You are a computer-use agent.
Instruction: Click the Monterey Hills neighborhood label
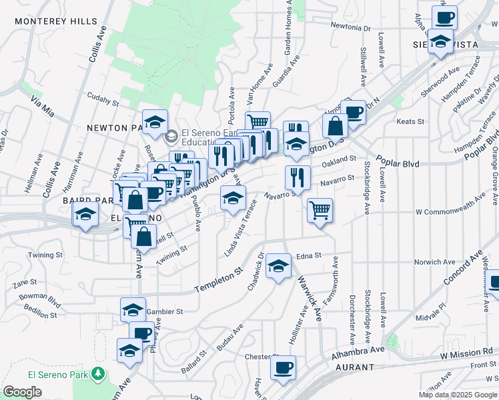tap(56, 21)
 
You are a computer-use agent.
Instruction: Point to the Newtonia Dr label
tap(351, 28)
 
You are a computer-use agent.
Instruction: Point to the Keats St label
tap(411, 121)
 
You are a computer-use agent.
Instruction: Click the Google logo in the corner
tap(22, 392)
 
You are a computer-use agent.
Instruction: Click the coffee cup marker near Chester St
tap(283, 367)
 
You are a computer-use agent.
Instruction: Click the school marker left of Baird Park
tap(86, 214)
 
